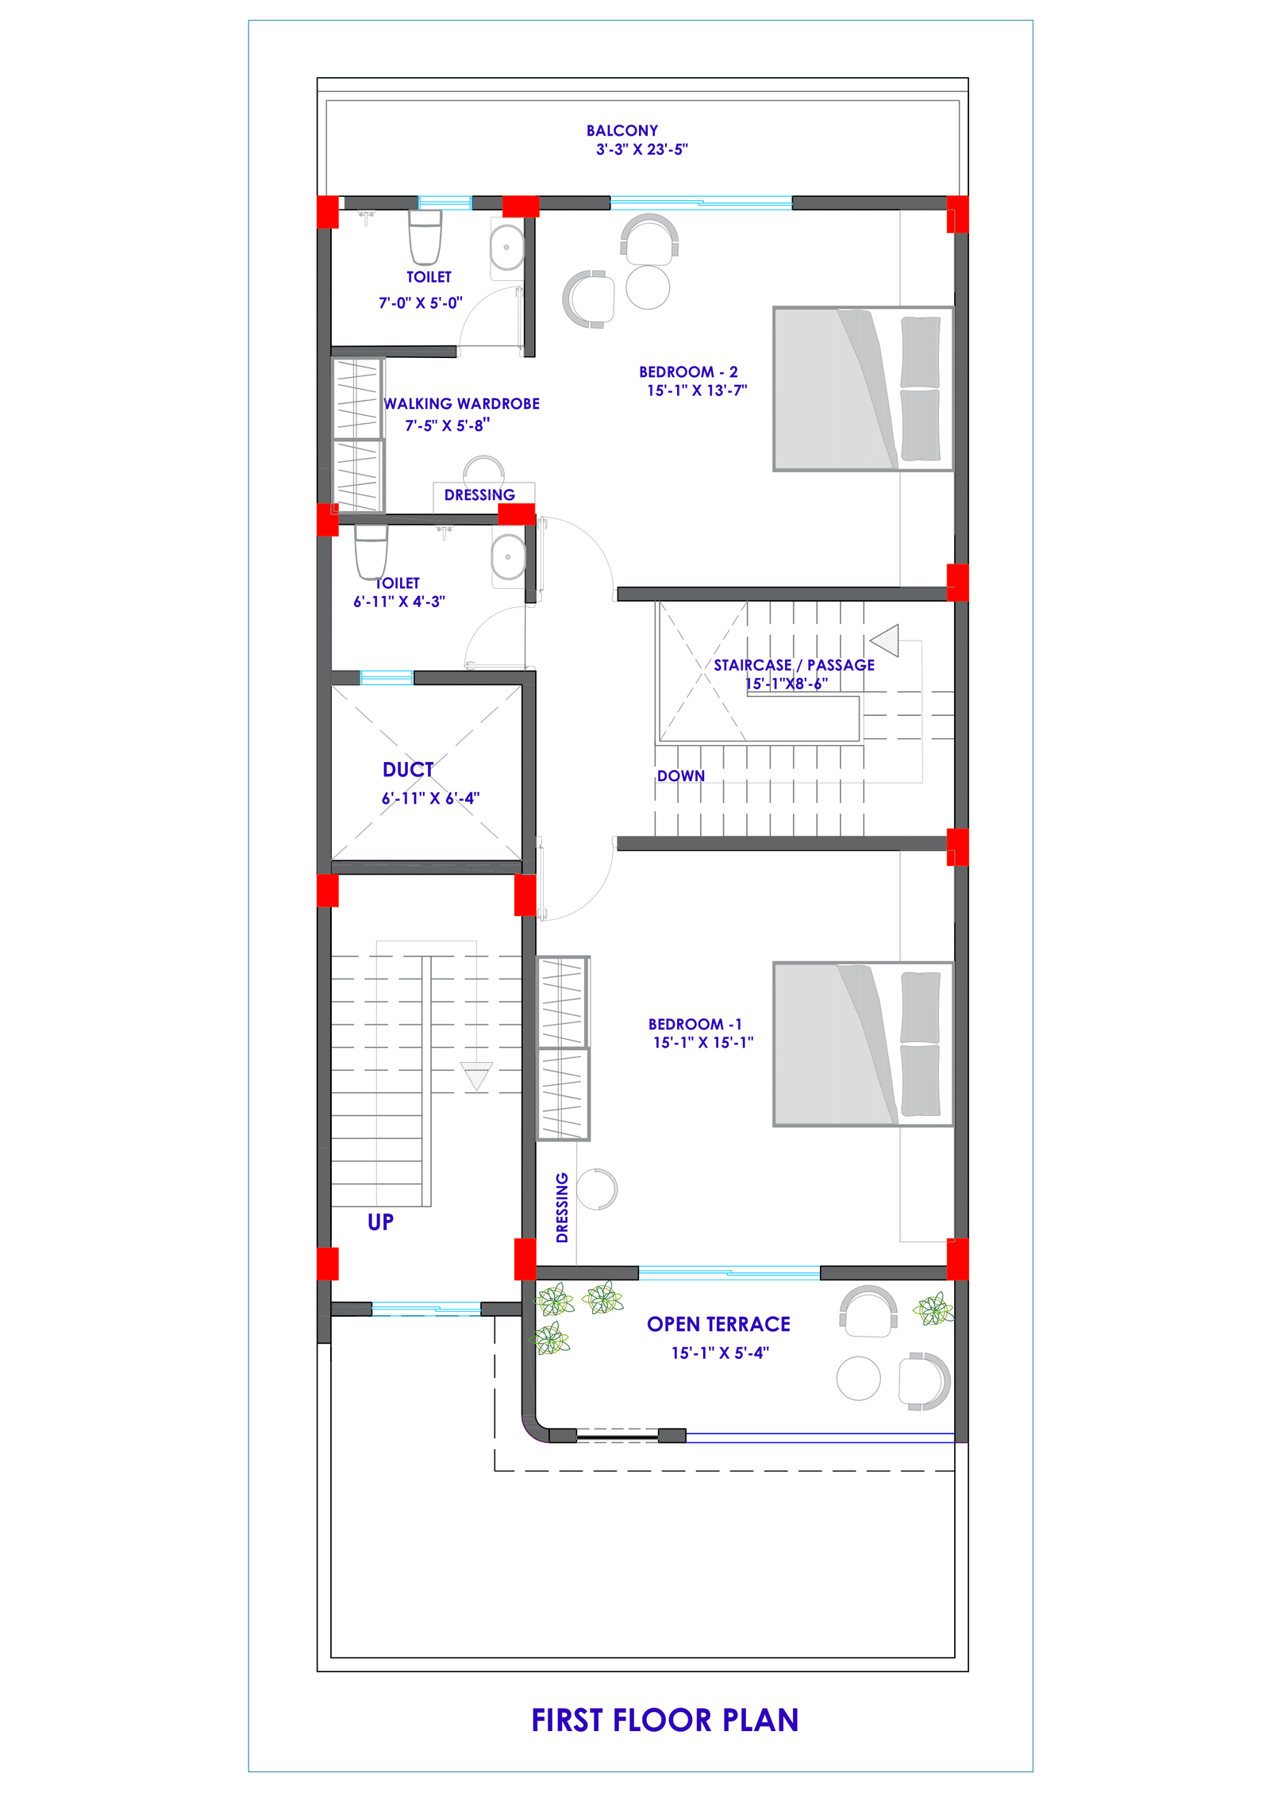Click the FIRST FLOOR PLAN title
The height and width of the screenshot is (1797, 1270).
664,1720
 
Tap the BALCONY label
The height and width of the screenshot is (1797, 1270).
622,130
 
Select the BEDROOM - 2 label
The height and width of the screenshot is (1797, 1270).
688,371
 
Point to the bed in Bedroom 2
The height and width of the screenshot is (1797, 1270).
863,389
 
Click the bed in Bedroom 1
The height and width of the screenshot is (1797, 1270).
863,1044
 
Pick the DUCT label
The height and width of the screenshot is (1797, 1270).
408,769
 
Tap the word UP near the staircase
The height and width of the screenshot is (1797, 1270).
380,1222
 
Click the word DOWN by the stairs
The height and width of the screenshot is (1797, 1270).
680,775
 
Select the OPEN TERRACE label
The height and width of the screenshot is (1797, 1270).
718,1324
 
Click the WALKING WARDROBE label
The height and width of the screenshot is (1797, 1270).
461,403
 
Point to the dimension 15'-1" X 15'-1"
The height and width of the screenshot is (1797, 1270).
702,1042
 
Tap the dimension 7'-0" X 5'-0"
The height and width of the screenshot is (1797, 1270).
420,302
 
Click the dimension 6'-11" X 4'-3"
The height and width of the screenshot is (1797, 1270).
398,602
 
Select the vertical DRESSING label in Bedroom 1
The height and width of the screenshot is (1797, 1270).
562,1207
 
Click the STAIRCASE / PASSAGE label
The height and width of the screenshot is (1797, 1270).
794,665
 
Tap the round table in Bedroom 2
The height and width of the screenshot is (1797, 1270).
648,287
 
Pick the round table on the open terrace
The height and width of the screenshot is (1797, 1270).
858,1378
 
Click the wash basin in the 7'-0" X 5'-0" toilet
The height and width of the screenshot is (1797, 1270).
506,248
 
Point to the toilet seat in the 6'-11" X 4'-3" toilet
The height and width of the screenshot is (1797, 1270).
371,551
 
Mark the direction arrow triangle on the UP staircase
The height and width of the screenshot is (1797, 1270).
476,1076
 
